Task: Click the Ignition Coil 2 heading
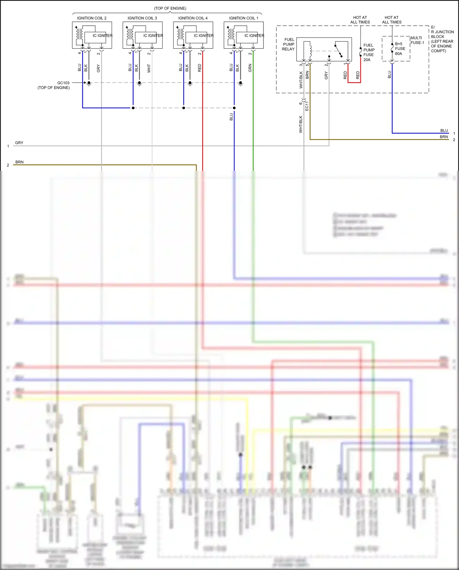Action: coord(91,18)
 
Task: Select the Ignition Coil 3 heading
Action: coord(142,18)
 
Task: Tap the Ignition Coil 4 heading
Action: coord(193,18)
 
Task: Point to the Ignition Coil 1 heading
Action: coord(244,18)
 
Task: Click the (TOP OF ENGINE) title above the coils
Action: coord(170,8)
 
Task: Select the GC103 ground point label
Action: coord(63,83)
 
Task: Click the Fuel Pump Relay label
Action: coord(288,44)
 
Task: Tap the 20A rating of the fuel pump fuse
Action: coord(367,60)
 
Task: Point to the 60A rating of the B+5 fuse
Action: coord(398,54)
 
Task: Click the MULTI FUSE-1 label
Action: coord(417,40)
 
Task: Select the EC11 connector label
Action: coord(307,106)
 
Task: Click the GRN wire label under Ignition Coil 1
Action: coord(250,68)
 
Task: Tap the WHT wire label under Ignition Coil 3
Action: coord(149,68)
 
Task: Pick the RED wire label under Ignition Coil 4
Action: coord(200,68)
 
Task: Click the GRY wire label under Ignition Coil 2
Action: coord(98,68)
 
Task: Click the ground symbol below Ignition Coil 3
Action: coord(140,84)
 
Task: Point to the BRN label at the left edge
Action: coord(19,162)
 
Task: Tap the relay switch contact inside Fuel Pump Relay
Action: coord(338,51)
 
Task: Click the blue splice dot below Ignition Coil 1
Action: coord(234,108)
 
